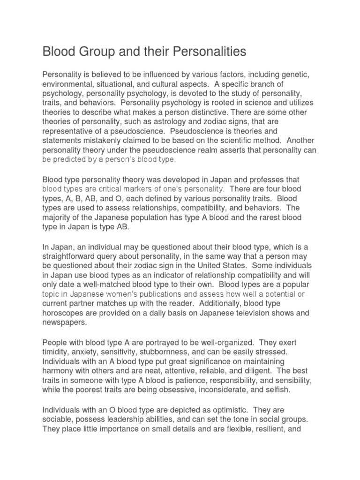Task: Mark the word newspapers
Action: coord(65,322)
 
